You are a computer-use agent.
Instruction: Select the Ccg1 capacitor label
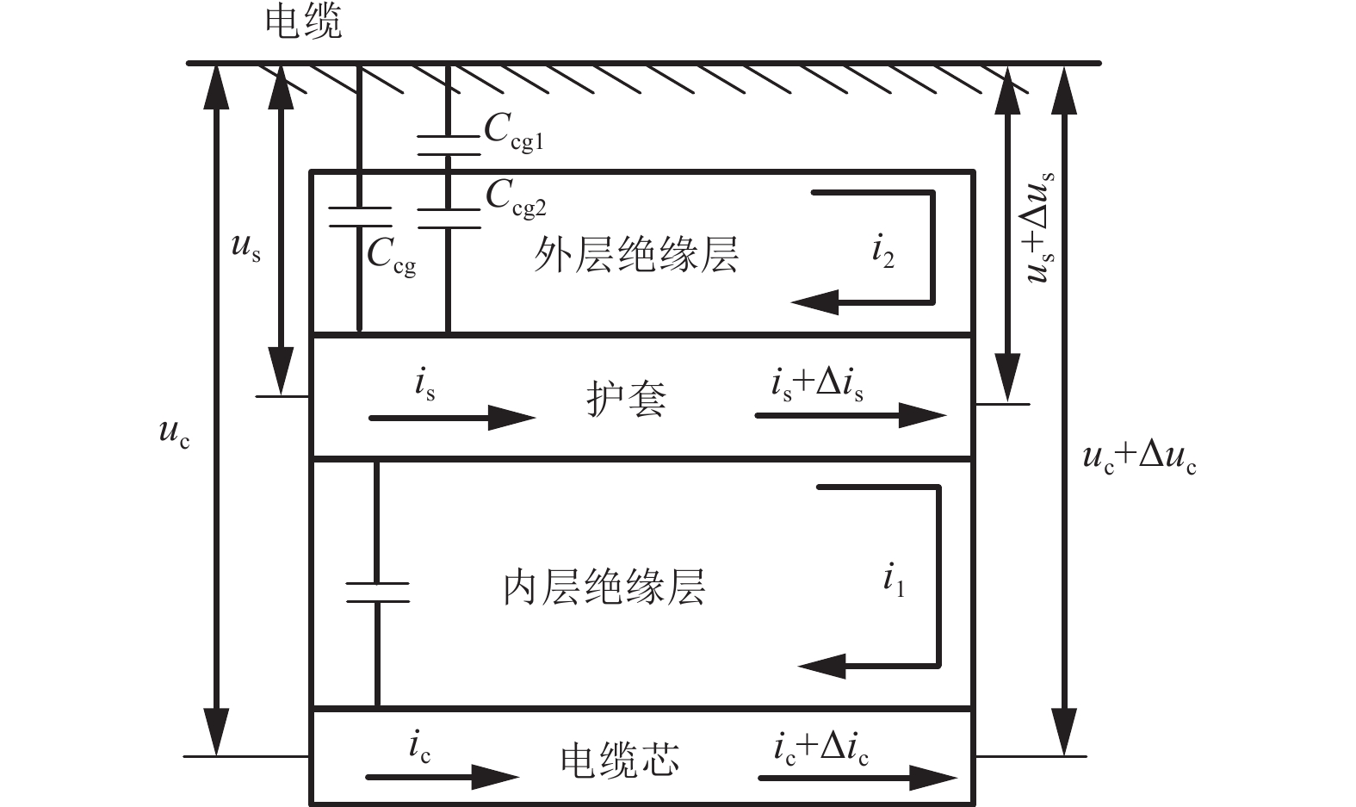point(514,133)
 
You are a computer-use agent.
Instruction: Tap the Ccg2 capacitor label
point(516,198)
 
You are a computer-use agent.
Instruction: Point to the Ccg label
point(392,256)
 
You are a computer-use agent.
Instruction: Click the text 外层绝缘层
point(636,255)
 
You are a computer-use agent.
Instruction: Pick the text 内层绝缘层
point(604,587)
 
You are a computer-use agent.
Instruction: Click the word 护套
point(626,400)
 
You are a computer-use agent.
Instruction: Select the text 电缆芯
point(620,760)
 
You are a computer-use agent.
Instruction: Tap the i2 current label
point(883,251)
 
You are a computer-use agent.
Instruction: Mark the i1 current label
point(894,580)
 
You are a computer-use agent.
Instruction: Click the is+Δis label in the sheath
point(817,383)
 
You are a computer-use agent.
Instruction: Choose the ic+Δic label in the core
point(820,746)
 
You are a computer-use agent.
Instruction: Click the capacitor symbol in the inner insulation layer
point(377,591)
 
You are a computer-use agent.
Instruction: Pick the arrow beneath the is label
point(452,419)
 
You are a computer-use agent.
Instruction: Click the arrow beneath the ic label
point(443,777)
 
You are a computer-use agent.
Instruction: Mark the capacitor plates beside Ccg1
point(448,145)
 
